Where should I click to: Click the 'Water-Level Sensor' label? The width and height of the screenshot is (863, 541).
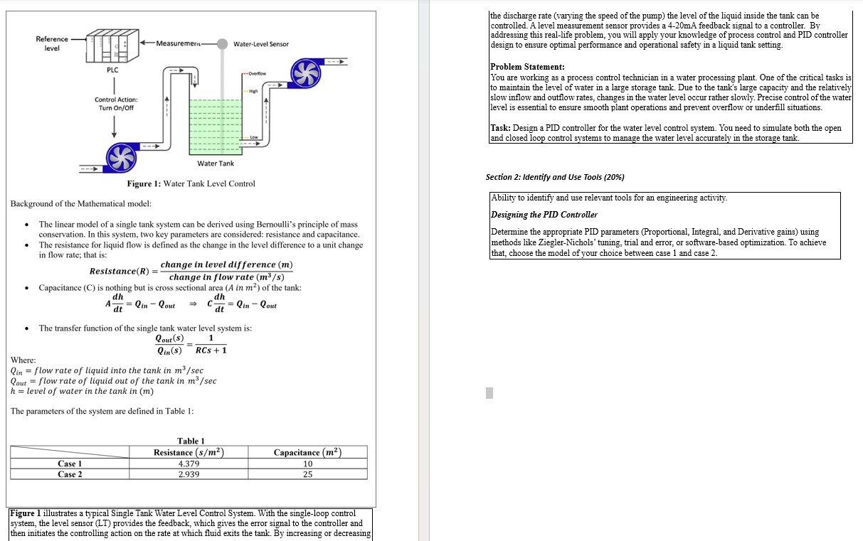260,44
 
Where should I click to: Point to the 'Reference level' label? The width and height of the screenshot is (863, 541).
52,43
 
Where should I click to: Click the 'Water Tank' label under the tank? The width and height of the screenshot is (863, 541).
215,164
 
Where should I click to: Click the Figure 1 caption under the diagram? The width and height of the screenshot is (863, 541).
191,184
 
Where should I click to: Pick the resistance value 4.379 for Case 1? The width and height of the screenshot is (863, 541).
189,464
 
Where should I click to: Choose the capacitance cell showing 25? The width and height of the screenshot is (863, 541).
307,474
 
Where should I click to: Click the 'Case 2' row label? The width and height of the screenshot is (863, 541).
70,474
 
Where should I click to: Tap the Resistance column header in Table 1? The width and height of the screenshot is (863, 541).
189,452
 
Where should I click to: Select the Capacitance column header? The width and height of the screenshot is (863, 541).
307,452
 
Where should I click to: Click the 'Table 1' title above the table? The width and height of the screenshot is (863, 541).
191,441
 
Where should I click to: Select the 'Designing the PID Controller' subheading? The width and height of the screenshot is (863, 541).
544,215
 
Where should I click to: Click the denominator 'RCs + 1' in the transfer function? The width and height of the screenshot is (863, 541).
211,350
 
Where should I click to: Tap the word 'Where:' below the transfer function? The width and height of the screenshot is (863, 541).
23,360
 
